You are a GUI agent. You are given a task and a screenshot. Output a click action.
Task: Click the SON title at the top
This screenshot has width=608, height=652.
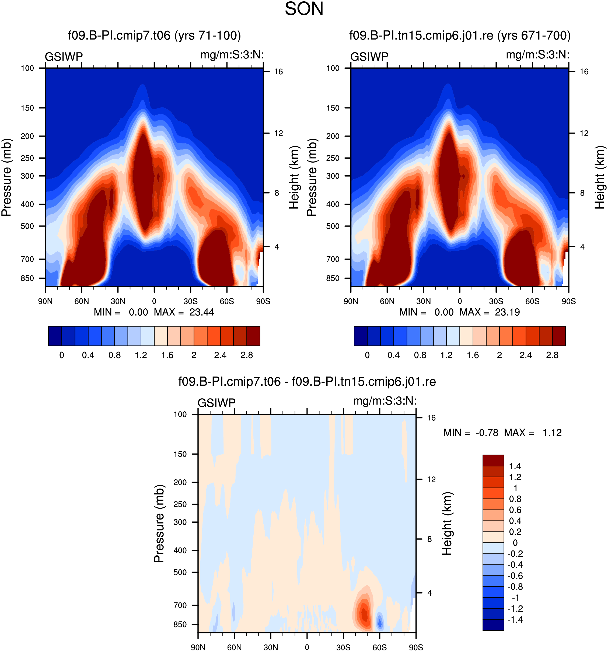[304, 9]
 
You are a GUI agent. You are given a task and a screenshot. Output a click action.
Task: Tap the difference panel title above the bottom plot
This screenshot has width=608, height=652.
[307, 381]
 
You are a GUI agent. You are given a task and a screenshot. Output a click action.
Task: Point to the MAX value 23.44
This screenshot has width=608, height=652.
[201, 312]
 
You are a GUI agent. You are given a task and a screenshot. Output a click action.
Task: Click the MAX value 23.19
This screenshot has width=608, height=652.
[507, 312]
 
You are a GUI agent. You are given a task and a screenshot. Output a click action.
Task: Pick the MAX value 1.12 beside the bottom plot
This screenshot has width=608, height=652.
[552, 433]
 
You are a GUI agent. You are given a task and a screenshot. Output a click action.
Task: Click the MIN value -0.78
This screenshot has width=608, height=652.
[487, 433]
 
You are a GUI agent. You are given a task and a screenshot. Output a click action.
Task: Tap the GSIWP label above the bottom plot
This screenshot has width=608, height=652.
[216, 403]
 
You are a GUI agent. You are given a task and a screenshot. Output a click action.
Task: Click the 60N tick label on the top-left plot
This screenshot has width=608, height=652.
[81, 301]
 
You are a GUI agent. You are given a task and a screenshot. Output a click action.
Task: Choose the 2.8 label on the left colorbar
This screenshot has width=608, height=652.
[247, 355]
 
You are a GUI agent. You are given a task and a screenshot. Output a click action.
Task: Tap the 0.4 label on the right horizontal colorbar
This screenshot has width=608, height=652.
[393, 355]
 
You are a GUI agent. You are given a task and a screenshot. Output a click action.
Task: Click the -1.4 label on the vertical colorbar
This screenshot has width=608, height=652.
[515, 619]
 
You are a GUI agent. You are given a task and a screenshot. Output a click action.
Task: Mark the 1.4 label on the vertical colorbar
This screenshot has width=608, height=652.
[515, 466]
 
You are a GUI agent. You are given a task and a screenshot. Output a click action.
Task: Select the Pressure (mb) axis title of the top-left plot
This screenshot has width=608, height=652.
[6, 177]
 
